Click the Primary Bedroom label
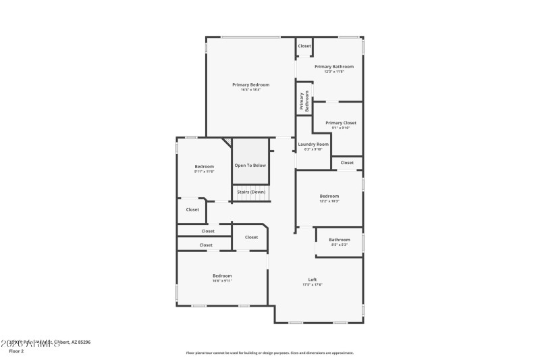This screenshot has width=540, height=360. pos(250,84)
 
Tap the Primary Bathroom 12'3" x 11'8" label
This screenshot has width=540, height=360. pos(333,67)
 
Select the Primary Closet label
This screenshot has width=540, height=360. pos(340,123)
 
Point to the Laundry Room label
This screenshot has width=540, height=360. pos(313,144)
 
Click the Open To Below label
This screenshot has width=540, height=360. pos(250,165)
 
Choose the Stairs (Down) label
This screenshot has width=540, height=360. pos(250,192)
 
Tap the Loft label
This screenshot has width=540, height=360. pos(313,280)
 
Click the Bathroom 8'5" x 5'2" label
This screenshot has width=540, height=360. pos(339,240)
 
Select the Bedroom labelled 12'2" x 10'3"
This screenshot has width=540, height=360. pos(329,197)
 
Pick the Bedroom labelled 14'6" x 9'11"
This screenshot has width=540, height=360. pos(222,276)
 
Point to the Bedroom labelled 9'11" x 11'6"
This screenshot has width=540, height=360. pos(204,167)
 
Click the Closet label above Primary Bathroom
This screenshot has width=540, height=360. pos(304,46)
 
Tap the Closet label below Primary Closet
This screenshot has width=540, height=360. pos(346,163)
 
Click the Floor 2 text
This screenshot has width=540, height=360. pos(16,351)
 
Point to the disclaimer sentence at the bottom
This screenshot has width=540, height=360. pos(269,353)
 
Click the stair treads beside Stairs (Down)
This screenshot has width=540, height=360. pos(250,186)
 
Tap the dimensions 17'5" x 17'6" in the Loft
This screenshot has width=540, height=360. pos(313,285)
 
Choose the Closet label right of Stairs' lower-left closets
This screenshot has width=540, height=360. pos(251,237)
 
